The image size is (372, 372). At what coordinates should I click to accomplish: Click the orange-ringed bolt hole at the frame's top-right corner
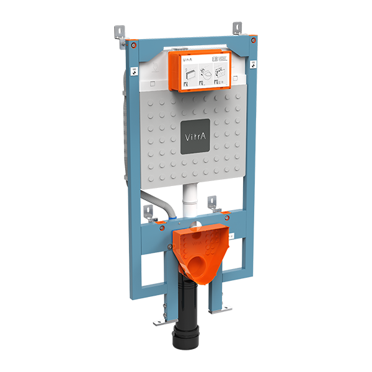pos(254,40)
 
